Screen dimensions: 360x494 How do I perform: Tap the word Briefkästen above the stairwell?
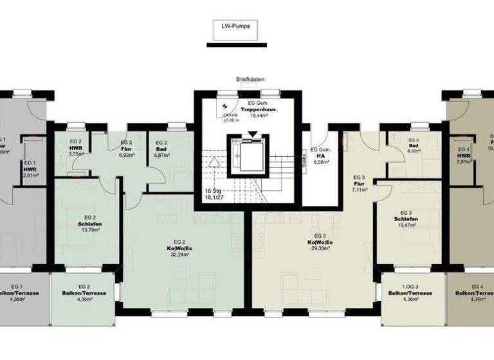(250, 80)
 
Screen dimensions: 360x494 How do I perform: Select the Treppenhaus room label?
(259, 110)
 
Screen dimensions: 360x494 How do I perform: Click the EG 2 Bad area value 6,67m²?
(161, 156)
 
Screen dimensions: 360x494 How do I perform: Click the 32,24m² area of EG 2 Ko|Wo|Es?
(161, 255)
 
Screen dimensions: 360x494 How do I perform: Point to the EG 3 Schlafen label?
(405, 219)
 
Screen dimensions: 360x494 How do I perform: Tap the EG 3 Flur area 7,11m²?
(360, 190)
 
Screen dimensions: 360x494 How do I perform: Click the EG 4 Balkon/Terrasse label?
(477, 293)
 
